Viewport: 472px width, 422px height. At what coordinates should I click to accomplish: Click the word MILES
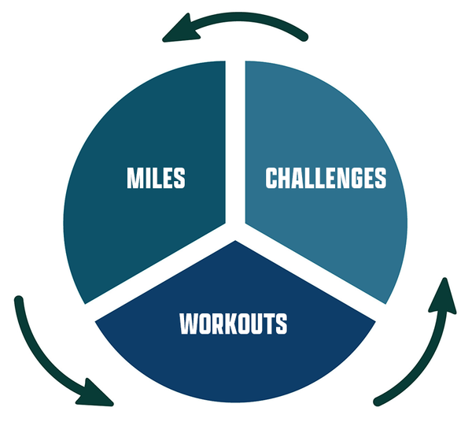click(156, 178)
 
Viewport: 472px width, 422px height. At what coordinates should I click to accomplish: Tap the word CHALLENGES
click(326, 178)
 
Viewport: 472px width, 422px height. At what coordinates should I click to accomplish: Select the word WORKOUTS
click(234, 324)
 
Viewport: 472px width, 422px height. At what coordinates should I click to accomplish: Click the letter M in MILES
click(135, 178)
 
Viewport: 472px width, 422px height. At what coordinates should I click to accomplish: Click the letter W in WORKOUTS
click(188, 324)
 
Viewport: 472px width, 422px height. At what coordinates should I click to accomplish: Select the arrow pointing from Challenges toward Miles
click(241, 18)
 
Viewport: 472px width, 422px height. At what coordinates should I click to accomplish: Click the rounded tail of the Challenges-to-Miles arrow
click(304, 37)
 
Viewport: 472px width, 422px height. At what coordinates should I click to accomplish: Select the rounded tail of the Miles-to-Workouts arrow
click(19, 301)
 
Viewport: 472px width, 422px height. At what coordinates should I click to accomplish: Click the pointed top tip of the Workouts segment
click(235, 241)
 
